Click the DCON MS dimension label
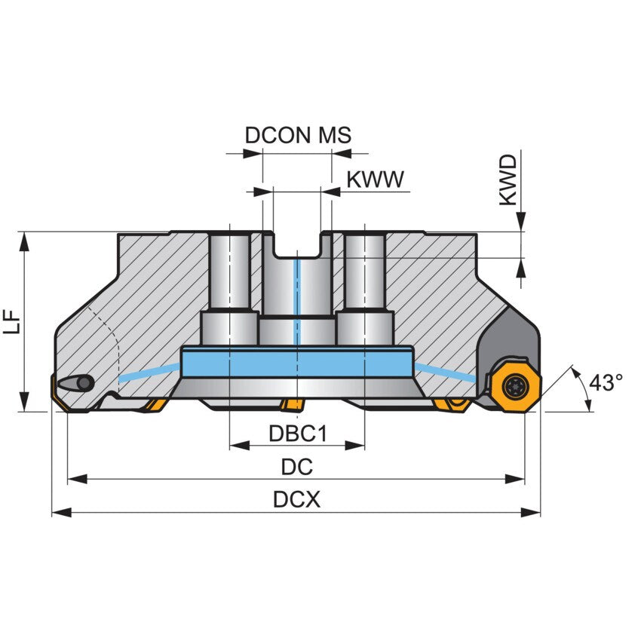click(298, 136)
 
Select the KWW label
click(375, 179)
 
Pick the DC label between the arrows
click(296, 467)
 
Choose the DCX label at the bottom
click(296, 500)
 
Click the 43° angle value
click(605, 383)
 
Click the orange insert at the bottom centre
click(290, 406)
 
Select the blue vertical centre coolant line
click(297, 302)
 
